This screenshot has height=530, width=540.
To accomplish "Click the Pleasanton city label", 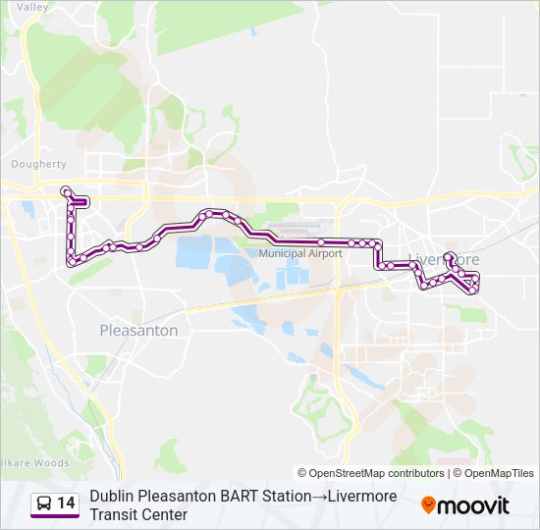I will pos(139,331).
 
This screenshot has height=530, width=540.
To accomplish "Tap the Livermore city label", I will pos(444,259).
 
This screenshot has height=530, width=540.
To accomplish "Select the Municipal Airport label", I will pos(300,253).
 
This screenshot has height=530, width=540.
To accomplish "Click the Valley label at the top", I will pos(32,7).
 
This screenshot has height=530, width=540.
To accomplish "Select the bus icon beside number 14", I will pos(44,503).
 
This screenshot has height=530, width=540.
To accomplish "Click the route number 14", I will pos(66,503).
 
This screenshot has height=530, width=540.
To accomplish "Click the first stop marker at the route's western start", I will pos(65,190).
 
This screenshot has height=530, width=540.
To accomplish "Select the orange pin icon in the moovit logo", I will pos(428,505).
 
